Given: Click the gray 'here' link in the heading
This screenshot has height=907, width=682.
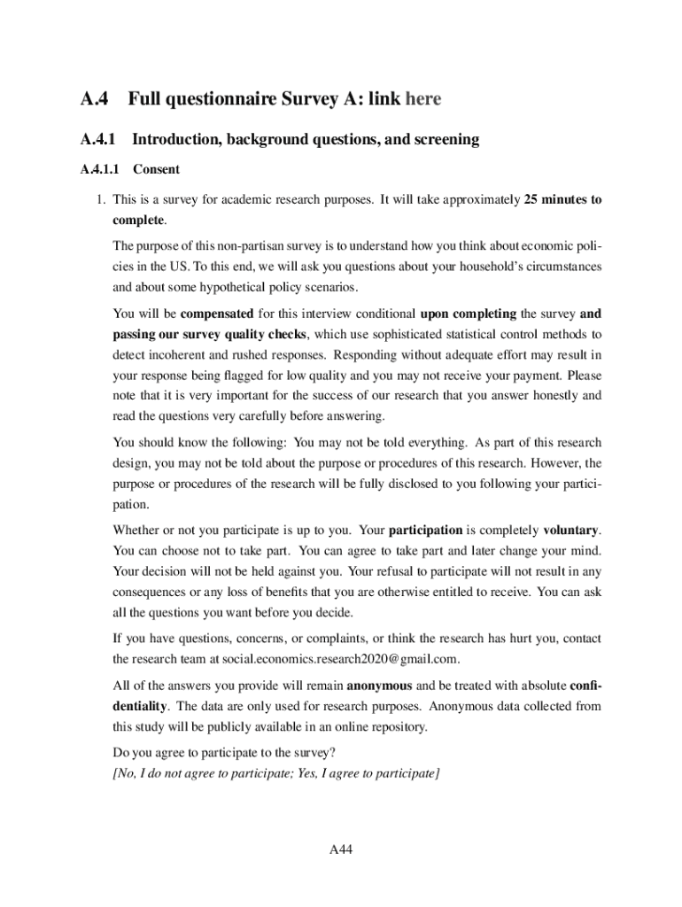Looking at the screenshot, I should click(422, 99).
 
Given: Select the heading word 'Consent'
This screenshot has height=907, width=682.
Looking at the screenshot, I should click(156, 169).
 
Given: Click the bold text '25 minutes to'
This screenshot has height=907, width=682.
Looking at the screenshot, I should click(562, 200).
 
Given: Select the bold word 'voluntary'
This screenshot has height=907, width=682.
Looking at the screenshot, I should click(570, 531).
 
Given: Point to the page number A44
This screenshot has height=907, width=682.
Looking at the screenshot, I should click(341, 850).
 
